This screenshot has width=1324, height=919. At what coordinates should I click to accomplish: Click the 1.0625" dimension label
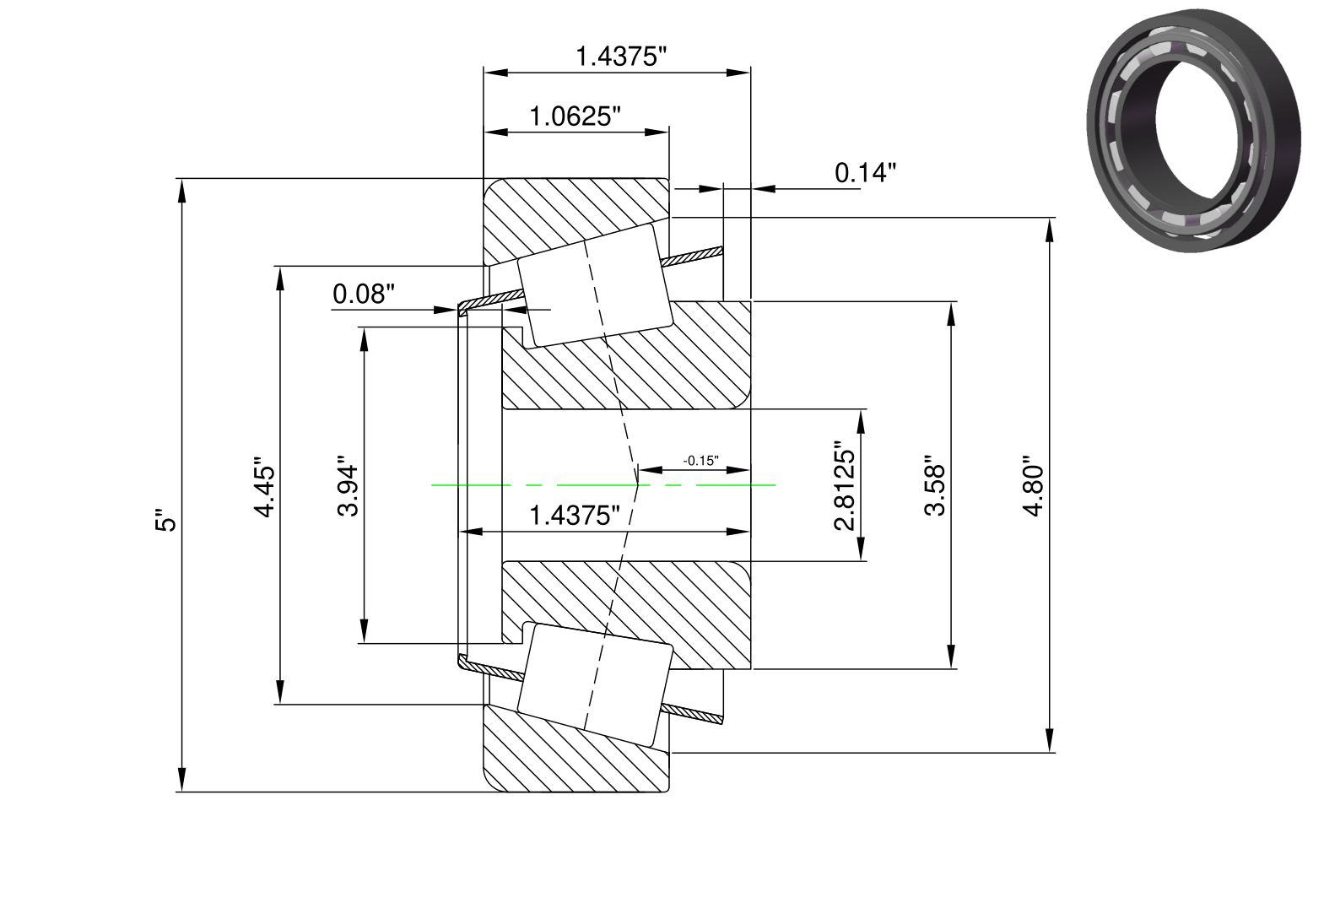[576, 116]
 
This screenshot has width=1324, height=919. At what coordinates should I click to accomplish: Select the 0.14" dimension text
[865, 172]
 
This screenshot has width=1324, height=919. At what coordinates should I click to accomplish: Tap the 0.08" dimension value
[363, 294]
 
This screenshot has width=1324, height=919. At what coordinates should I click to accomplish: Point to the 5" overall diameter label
[166, 520]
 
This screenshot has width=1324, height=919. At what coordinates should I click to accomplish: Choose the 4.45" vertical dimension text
[264, 487]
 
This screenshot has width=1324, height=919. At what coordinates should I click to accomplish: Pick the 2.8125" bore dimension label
[845, 486]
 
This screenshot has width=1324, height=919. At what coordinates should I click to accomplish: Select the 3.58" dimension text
[934, 486]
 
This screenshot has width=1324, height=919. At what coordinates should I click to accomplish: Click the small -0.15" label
[701, 461]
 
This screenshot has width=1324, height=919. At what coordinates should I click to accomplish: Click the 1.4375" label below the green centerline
[575, 516]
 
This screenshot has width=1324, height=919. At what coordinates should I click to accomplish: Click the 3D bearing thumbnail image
[1193, 131]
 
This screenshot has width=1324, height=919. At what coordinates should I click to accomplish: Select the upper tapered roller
[595, 285]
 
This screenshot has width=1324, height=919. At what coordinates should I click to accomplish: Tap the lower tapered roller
[595, 684]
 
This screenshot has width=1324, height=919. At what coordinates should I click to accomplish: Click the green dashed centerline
[603, 485]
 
